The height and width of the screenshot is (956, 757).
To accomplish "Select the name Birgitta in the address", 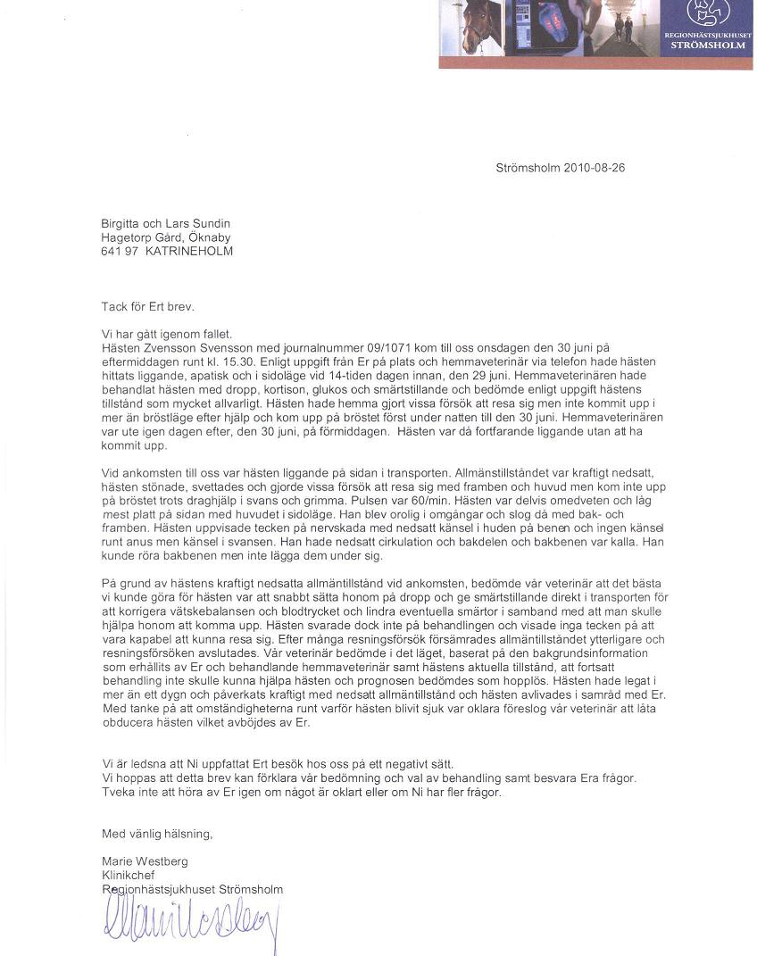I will (x=121, y=223).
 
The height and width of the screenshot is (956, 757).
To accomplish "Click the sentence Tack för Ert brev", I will (x=146, y=306).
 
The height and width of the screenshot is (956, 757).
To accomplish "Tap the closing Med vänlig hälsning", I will (x=157, y=834).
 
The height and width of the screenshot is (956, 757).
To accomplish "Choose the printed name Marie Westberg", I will (x=145, y=861).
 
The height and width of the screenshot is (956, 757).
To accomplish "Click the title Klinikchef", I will (x=129, y=876).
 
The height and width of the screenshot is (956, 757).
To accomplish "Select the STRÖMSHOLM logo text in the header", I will (x=708, y=44).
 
